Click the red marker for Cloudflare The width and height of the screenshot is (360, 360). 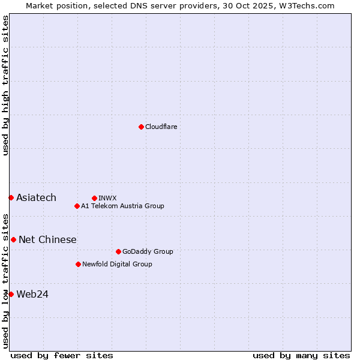click(141, 127)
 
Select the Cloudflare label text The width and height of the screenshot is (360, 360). click(161, 127)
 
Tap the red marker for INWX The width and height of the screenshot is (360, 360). click(94, 198)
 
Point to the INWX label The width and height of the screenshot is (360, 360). click(107, 198)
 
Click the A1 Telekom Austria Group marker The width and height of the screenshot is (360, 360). click(77, 206)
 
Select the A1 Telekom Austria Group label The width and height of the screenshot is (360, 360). click(122, 206)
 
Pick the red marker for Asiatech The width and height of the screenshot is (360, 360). click(11, 197)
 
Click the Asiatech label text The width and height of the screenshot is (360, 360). click(36, 197)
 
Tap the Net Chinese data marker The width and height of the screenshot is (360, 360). click(13, 239)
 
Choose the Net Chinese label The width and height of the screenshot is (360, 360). click(47, 239)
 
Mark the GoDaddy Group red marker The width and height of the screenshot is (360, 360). click(118, 251)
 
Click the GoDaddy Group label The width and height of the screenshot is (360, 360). click(148, 251)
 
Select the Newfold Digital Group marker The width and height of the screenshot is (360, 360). click(78, 264)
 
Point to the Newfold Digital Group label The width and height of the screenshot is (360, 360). click(117, 264)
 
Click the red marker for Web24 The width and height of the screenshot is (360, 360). click(11, 294)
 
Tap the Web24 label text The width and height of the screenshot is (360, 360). click(32, 294)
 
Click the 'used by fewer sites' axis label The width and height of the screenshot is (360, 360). click(62, 355)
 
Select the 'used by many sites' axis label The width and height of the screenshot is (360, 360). click(301, 355)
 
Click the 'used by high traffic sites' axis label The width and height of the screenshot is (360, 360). click(5, 85)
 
